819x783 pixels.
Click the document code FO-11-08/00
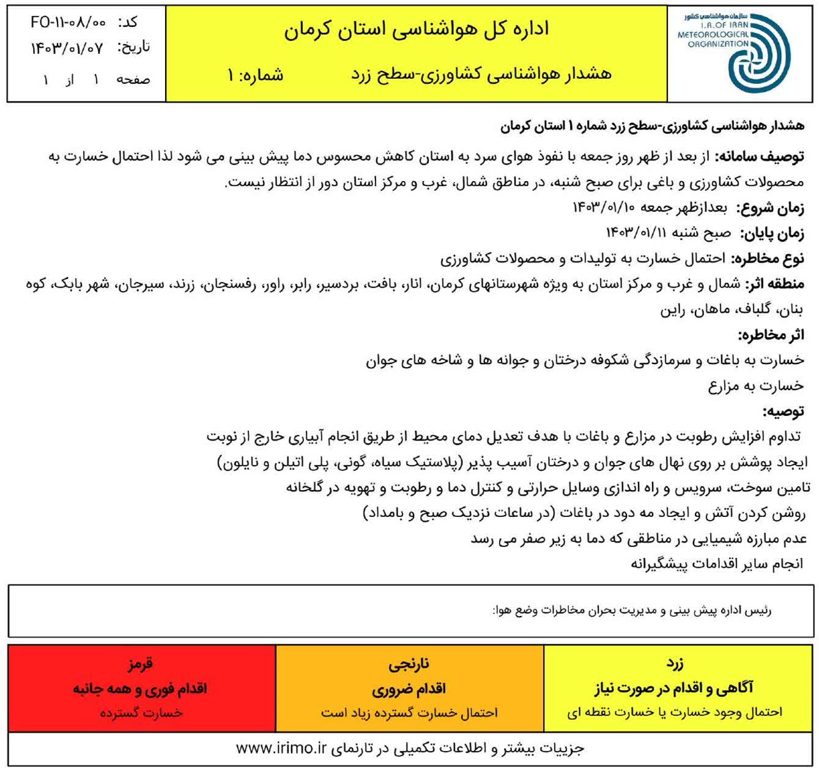68,22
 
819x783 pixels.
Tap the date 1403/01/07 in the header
68,47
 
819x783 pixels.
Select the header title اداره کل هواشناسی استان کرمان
416,29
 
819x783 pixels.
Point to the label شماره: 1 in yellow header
255,75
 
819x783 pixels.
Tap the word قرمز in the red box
141,663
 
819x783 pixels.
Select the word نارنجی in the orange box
409,663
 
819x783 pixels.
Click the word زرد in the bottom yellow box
675,663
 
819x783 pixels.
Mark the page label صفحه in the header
133,80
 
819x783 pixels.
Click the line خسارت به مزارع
757,385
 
